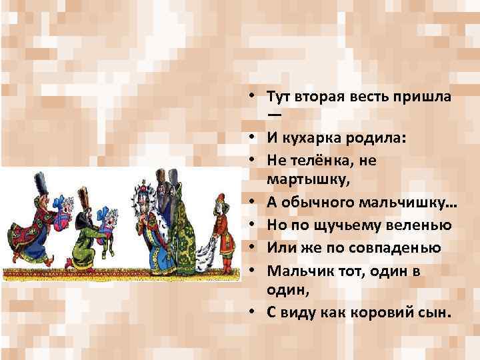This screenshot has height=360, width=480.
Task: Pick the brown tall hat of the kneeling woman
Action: tap(85, 197)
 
